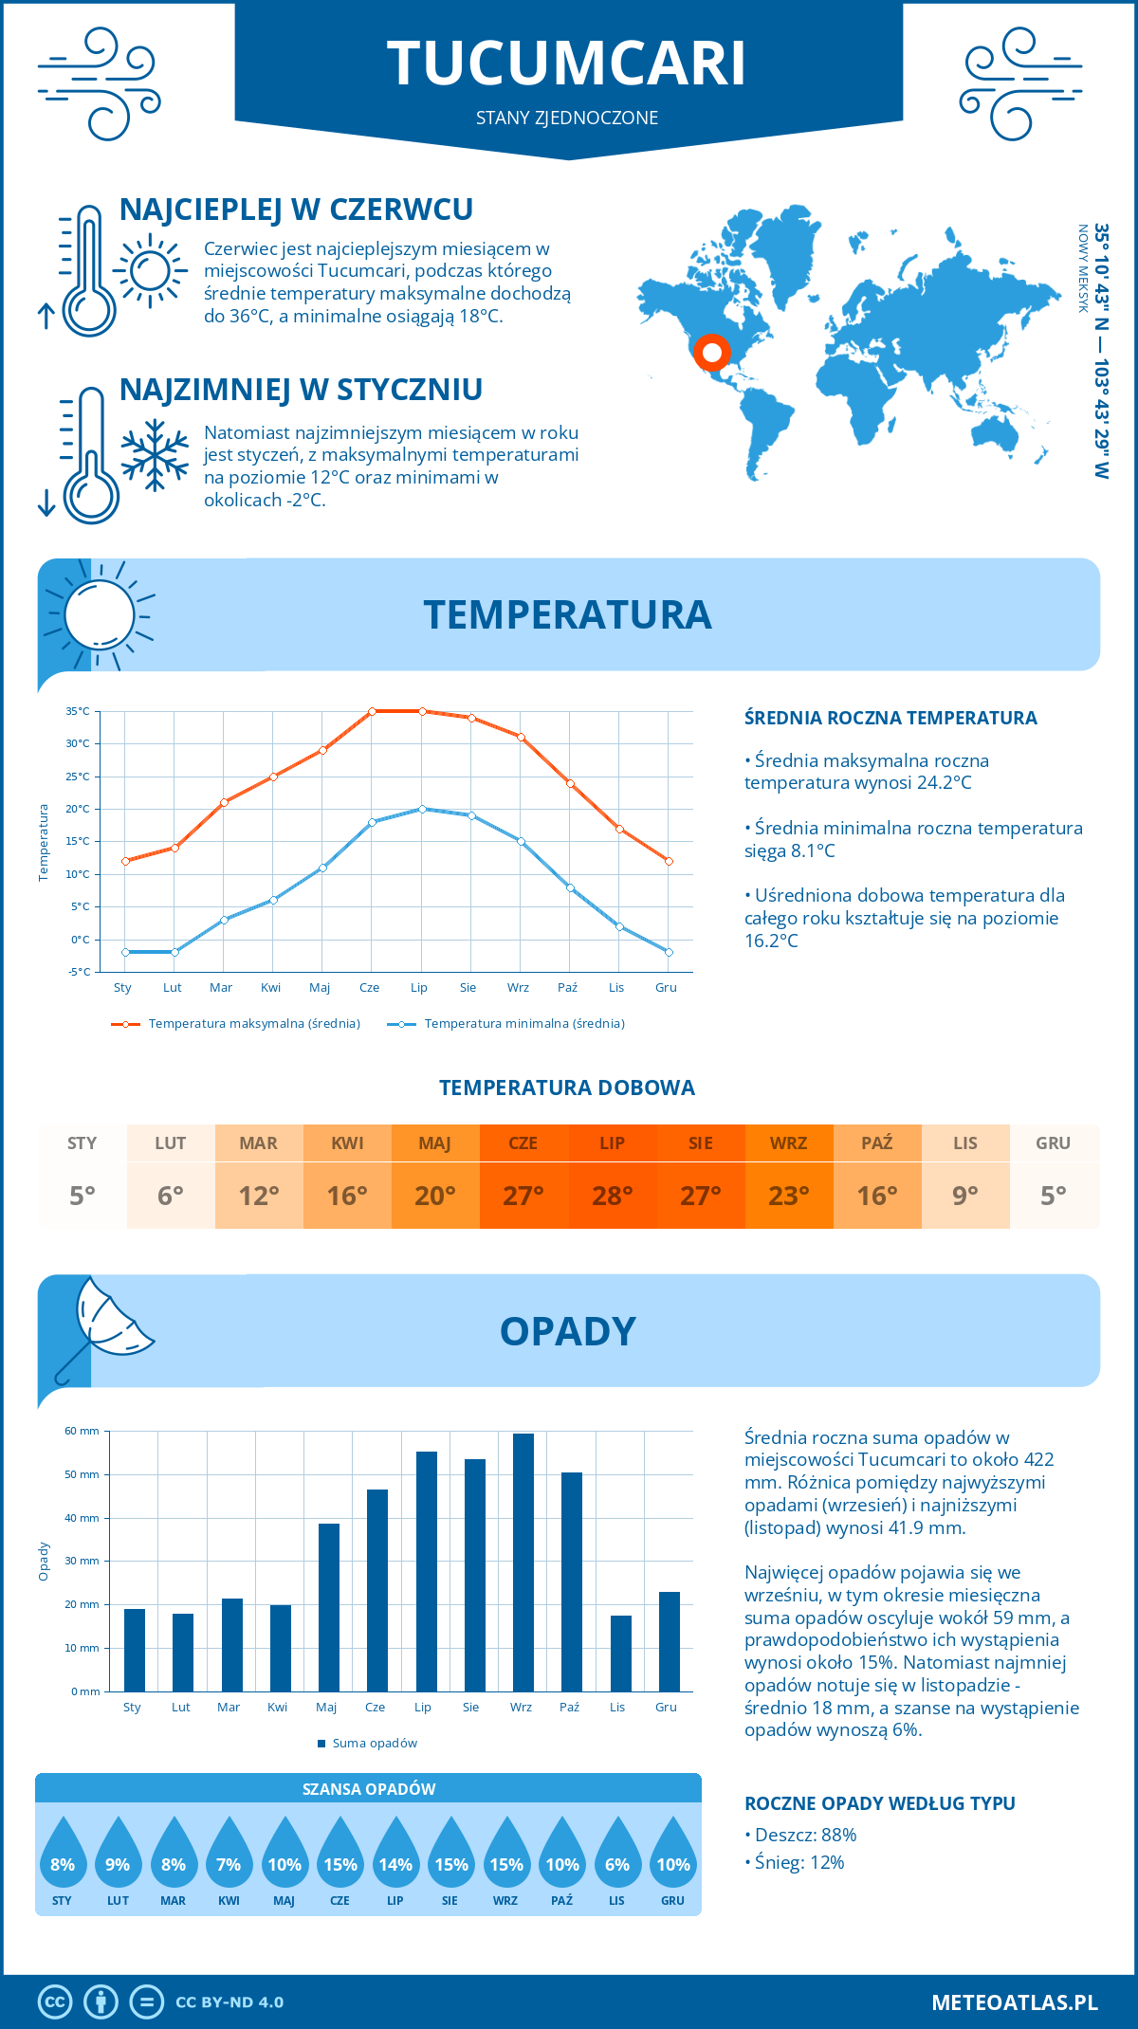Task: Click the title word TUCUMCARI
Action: click(x=567, y=64)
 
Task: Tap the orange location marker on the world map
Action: click(x=711, y=353)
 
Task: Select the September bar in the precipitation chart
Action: click(x=523, y=1562)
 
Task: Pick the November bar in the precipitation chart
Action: click(x=621, y=1653)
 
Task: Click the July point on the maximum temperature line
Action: click(x=422, y=711)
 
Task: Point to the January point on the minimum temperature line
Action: click(x=125, y=952)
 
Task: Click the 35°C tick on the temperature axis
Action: click(x=79, y=711)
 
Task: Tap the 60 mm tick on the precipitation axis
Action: click(x=83, y=1431)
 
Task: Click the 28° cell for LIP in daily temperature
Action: click(x=612, y=1195)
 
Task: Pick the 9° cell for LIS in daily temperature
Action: click(x=964, y=1195)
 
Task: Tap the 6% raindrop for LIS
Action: click(x=617, y=1858)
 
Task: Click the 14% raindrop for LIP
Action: click(x=395, y=1858)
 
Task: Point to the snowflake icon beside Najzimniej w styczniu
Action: click(x=155, y=455)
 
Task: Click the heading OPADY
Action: click(x=567, y=1331)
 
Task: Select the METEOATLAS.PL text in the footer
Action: click(x=1014, y=2002)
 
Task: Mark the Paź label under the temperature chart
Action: click(x=567, y=988)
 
